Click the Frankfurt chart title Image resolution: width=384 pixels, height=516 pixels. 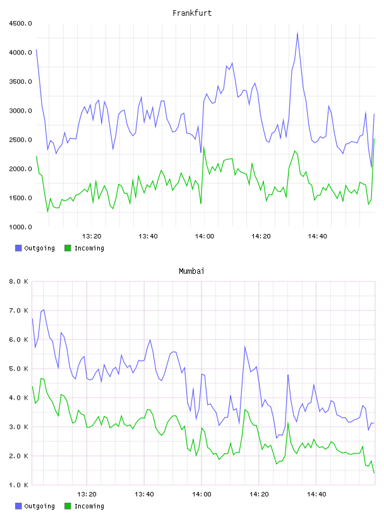pyautogui.click(x=192, y=13)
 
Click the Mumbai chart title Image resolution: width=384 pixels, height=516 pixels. pyautogui.click(x=191, y=271)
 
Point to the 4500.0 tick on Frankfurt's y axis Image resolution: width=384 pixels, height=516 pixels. pyautogui.click(x=20, y=23)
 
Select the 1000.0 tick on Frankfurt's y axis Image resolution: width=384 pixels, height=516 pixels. pyautogui.click(x=20, y=227)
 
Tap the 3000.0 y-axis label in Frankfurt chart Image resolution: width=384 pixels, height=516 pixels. pyautogui.click(x=20, y=111)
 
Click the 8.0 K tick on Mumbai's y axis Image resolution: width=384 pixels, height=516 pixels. pyautogui.click(x=18, y=281)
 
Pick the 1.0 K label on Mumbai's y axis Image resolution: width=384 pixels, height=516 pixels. pyautogui.click(x=18, y=485)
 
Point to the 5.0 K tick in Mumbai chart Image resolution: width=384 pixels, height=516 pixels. pyautogui.click(x=18, y=369)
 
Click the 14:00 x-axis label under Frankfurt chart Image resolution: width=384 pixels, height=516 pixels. pyautogui.click(x=205, y=236)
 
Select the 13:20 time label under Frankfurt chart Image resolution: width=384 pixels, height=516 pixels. pyautogui.click(x=92, y=236)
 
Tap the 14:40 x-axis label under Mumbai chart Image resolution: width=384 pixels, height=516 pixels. pyautogui.click(x=316, y=494)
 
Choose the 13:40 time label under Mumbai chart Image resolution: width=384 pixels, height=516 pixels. pyautogui.click(x=145, y=494)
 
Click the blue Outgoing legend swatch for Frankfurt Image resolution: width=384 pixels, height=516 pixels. pyautogui.click(x=18, y=248)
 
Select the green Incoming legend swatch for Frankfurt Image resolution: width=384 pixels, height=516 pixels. pyautogui.click(x=68, y=248)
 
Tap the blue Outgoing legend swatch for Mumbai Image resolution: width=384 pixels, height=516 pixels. pyautogui.click(x=18, y=506)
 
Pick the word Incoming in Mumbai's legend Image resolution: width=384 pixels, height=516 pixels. pyautogui.click(x=89, y=506)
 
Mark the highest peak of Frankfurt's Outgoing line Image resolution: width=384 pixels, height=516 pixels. pyautogui.click(x=297, y=33)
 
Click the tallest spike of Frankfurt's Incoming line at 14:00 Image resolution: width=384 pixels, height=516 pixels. pyautogui.click(x=204, y=147)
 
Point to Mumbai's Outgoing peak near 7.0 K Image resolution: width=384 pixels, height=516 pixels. pyautogui.click(x=44, y=310)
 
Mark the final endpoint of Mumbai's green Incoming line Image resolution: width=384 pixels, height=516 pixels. pyautogui.click(x=374, y=473)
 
